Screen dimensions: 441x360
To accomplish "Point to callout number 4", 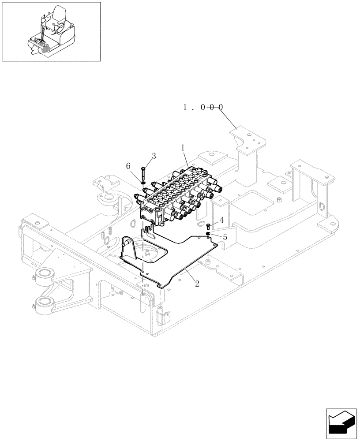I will (221, 220).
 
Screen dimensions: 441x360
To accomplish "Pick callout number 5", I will (225, 237).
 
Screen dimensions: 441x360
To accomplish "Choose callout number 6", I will (128, 166).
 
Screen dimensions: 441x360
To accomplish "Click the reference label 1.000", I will (203, 107).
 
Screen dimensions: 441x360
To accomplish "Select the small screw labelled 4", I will (209, 227).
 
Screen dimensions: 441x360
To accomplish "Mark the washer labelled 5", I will (208, 233).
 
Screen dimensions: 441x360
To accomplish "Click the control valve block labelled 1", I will (176, 194).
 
